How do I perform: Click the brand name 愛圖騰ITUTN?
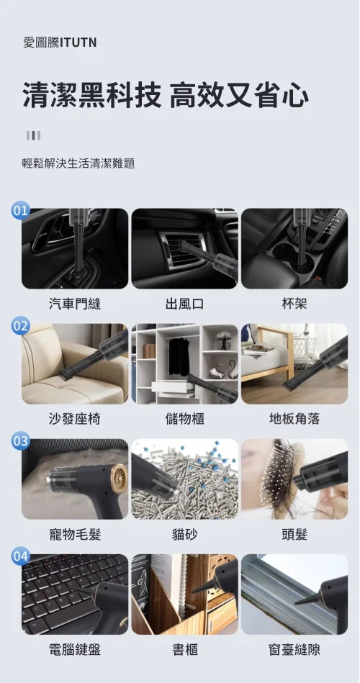coord(60,42)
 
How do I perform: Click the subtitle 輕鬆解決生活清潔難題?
coord(78,163)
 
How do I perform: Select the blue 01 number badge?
coord(20,211)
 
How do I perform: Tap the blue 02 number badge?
coord(20,326)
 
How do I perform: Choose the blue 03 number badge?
coord(20,440)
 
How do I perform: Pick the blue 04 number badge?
coord(20,556)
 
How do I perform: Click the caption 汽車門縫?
coord(75,304)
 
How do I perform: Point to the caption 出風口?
coord(185,304)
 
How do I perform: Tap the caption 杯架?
coord(294,304)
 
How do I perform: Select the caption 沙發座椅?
coord(75,419)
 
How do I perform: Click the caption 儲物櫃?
coord(185,419)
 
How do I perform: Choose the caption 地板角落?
coord(294,419)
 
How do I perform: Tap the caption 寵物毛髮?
coord(75,533)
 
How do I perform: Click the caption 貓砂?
coord(185,533)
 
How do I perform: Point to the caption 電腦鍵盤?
coord(75,649)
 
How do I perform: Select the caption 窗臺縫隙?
coord(294,649)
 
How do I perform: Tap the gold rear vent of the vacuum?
coord(120,476)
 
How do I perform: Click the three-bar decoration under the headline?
coord(34,135)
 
